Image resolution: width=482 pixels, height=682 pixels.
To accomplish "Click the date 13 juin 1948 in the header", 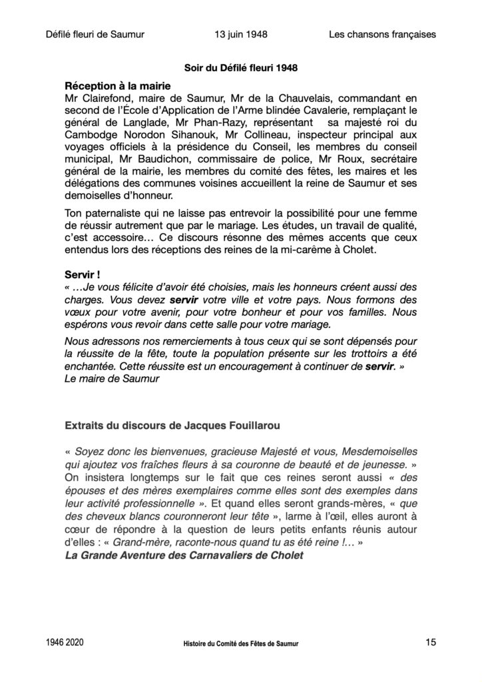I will point(236,34).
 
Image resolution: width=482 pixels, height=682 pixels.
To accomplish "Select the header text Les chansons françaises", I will point(382,34).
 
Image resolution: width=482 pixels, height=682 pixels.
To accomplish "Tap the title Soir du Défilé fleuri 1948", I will point(240,68).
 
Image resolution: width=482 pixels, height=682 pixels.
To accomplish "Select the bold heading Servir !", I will point(83,274).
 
